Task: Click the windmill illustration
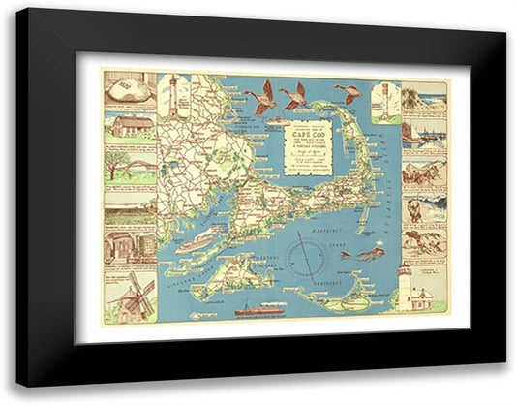(x=131, y=297)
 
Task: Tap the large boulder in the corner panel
(x=130, y=92)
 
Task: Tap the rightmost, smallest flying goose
(x=347, y=94)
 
